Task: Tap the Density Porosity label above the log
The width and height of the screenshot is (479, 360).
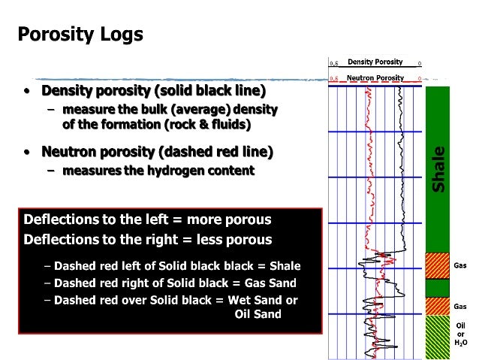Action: [375, 62]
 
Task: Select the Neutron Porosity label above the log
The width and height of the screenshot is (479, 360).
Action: [375, 77]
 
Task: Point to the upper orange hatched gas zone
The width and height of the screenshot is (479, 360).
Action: [437, 266]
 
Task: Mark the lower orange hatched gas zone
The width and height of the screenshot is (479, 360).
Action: [437, 307]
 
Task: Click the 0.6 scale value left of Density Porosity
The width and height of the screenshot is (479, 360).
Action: [333, 63]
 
